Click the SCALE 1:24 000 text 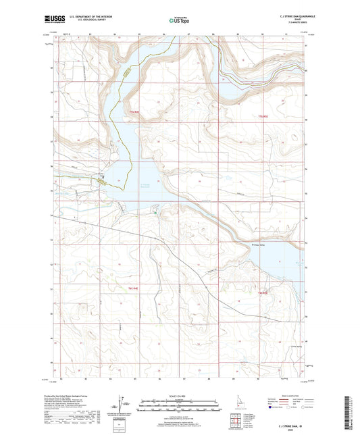point(180,394)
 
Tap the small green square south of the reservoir point(155,213)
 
